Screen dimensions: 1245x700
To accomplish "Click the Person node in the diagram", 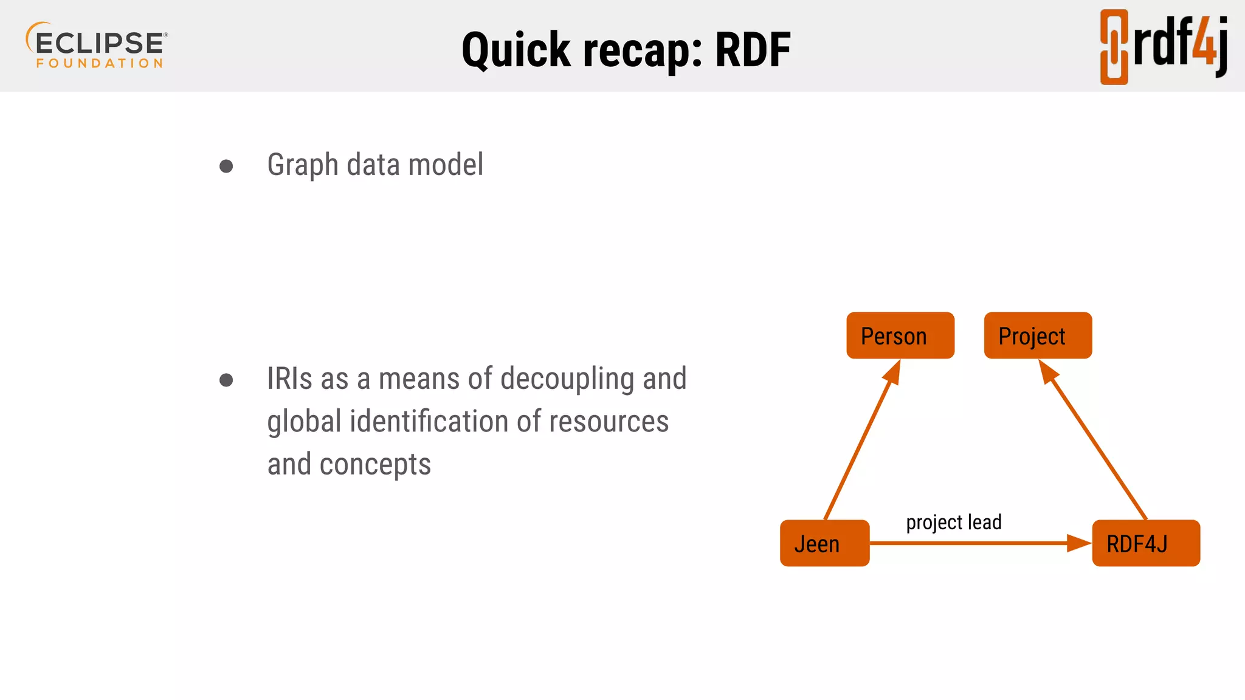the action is point(900,335).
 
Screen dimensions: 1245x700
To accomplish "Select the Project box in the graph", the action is point(1037,335).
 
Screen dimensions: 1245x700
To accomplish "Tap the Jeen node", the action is point(824,543).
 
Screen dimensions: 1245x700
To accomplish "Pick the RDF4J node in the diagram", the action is point(1145,543).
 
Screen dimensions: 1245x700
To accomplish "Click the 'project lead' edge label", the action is point(953,522).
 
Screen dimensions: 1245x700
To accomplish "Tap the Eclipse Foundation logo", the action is point(97,46).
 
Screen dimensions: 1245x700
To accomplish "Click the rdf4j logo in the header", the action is point(1164,46).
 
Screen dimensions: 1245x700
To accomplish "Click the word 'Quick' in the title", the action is point(516,50).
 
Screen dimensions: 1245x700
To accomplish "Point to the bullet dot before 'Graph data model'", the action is point(226,166).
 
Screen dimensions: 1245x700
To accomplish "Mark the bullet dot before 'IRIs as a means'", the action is point(226,380).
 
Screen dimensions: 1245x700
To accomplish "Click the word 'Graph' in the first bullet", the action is point(302,165).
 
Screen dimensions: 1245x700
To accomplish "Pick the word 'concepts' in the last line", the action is point(375,464).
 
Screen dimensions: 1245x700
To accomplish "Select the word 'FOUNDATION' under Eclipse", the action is point(100,63).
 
